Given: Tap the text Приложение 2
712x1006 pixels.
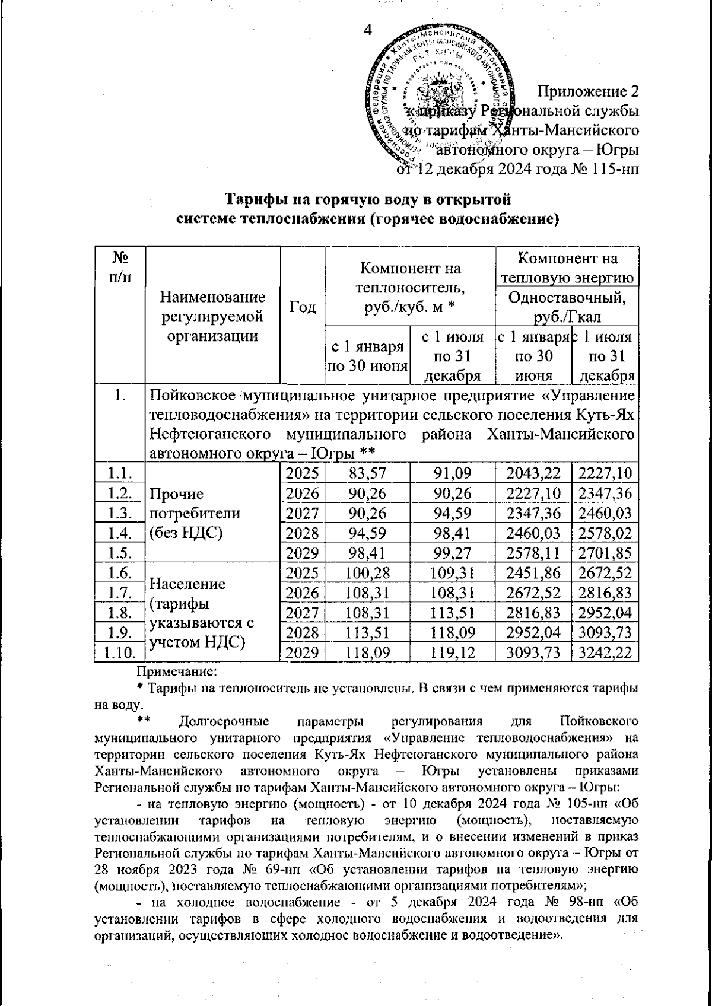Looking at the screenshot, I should [588, 92].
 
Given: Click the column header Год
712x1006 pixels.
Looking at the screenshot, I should [302, 307].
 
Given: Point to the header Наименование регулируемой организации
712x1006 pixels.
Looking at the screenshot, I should [213, 316].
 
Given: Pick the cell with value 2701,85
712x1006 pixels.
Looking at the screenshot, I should [605, 553].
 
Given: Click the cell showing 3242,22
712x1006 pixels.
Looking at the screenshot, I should [605, 653].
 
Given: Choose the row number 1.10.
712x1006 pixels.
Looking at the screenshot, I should [120, 653].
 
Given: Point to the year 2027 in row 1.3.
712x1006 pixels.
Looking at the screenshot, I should [302, 513].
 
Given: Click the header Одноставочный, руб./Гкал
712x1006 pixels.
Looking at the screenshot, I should [567, 305].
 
